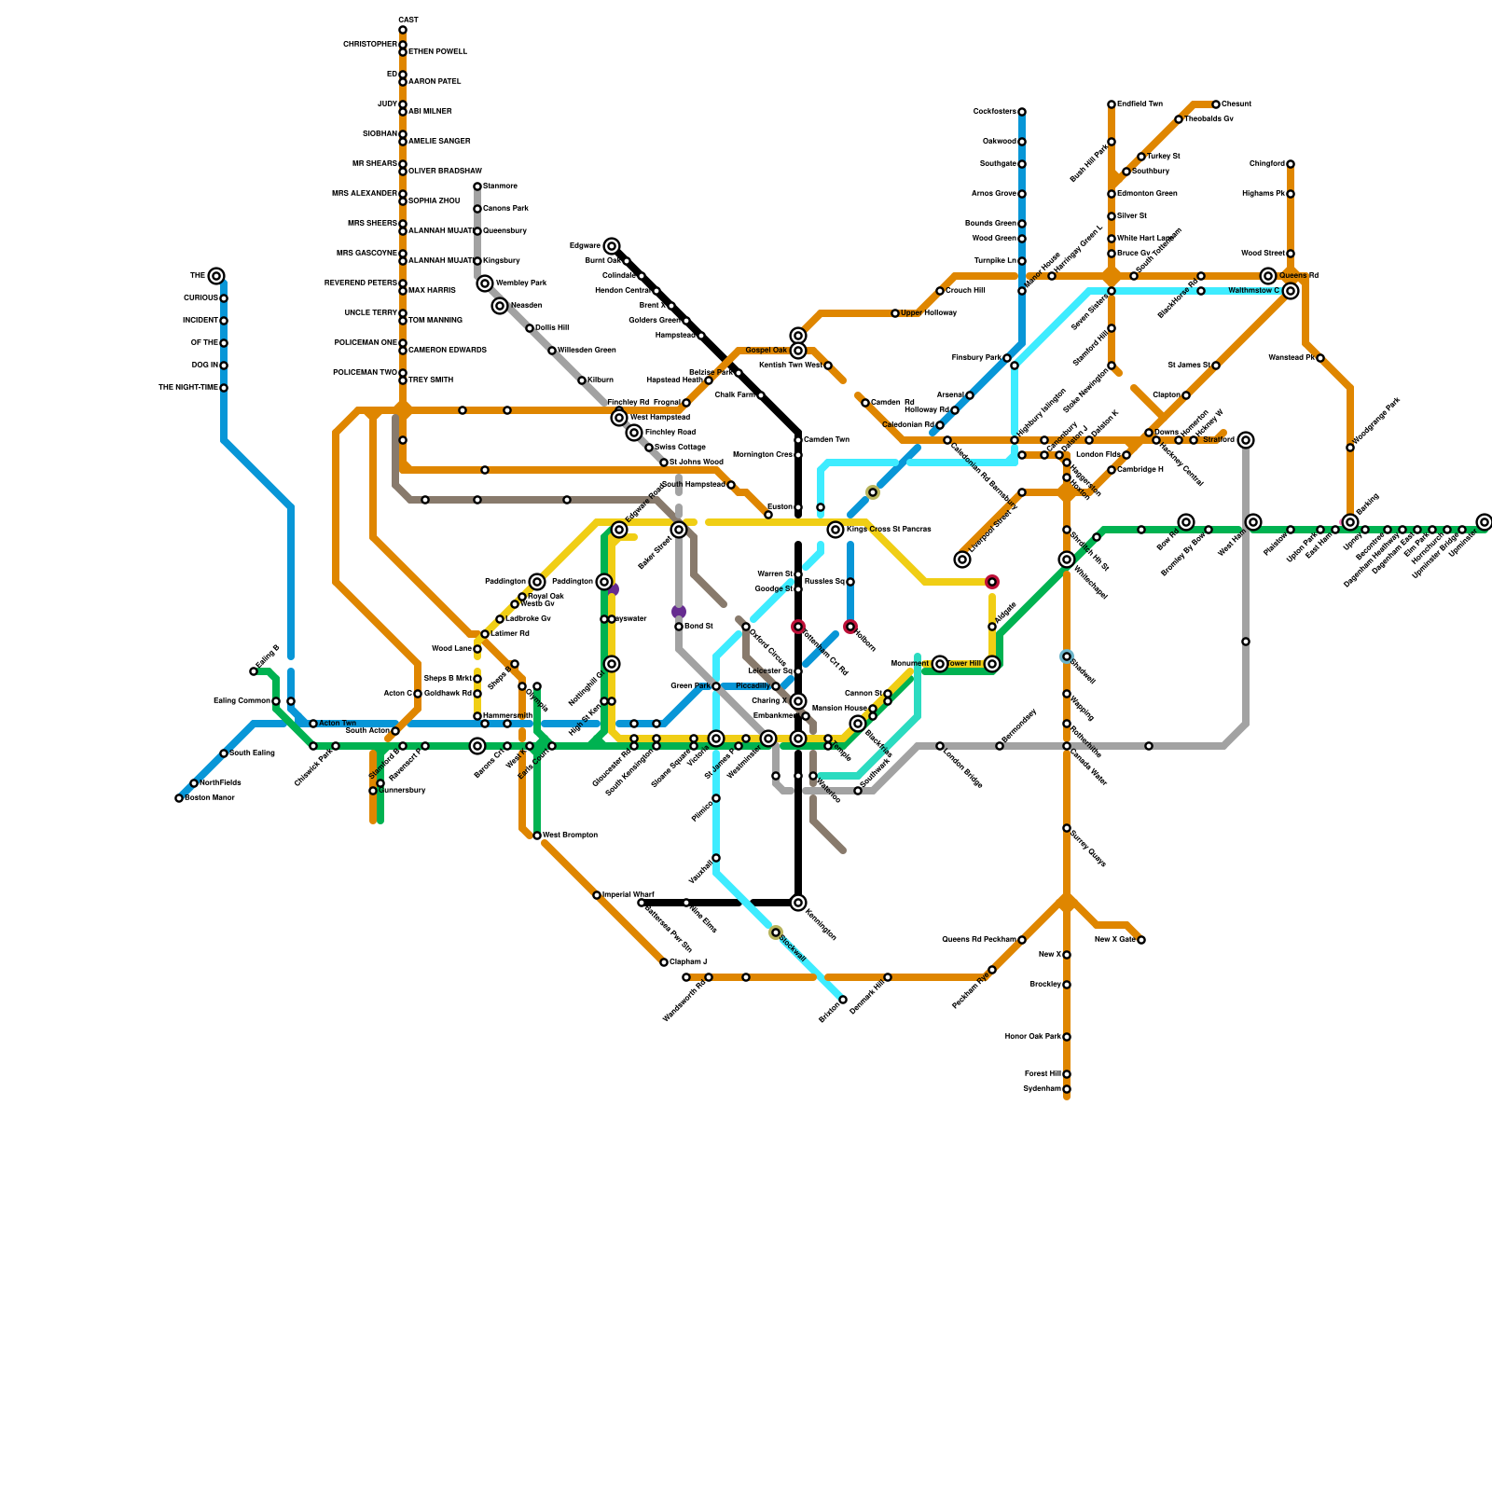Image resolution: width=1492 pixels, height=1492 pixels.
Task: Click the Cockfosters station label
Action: [994, 112]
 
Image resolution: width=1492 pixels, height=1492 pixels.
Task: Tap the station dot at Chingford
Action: [1291, 164]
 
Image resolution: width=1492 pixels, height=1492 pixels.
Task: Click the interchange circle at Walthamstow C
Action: [1291, 291]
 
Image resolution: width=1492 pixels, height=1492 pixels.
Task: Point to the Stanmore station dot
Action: [477, 186]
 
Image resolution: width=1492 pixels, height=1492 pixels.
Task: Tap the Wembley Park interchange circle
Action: [485, 283]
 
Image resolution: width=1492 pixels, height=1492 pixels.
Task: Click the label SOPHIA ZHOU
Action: [435, 201]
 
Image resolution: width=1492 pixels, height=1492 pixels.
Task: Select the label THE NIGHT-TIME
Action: [188, 388]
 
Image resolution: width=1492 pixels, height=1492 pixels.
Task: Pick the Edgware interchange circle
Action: [612, 246]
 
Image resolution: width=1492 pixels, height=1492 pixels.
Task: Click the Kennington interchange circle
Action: [798, 903]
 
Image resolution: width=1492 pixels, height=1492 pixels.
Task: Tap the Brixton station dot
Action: [843, 1000]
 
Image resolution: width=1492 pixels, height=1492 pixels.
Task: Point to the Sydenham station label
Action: [1042, 1089]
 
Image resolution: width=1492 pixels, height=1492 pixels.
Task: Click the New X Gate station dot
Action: [1141, 940]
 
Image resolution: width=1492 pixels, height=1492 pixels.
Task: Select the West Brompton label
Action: [570, 836]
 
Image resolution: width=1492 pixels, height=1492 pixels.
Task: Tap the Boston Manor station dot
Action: [179, 798]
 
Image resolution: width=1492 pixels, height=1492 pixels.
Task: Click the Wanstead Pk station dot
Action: [1320, 358]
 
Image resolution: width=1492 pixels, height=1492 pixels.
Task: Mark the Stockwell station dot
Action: [776, 932]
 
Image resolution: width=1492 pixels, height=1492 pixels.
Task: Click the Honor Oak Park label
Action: [1032, 1037]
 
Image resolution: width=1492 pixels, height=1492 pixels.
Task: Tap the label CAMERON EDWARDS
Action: [448, 351]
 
